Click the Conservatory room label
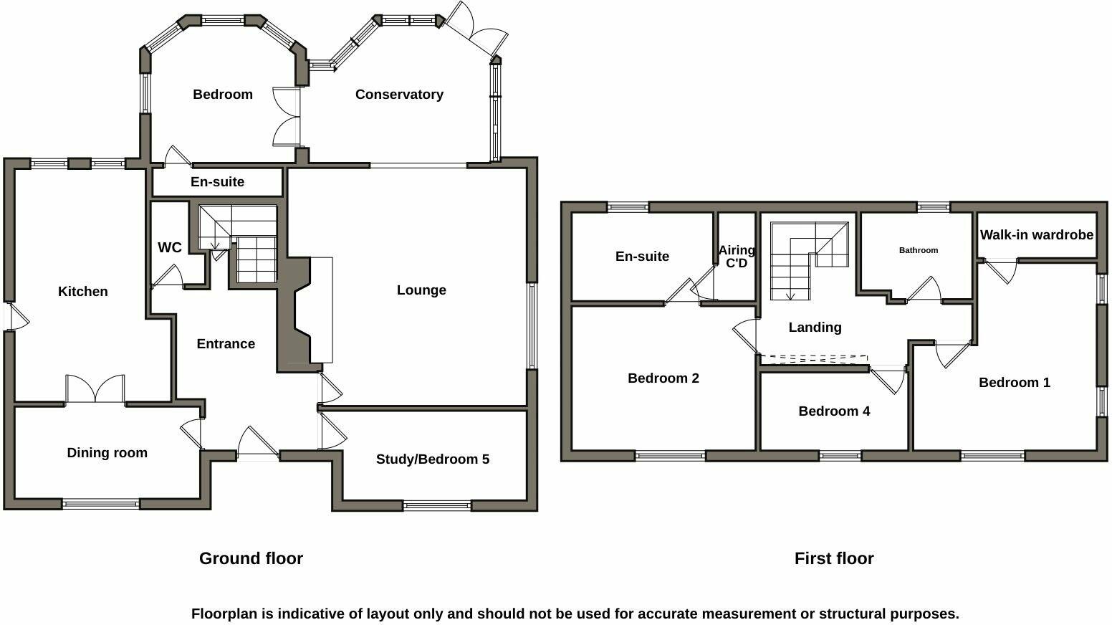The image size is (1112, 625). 399,95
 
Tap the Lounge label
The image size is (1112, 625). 421,290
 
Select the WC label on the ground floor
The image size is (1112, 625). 170,248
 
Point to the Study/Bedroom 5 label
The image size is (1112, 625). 432,459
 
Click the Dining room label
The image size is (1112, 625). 107,453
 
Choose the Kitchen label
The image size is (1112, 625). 83,292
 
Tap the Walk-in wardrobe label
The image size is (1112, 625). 1036,235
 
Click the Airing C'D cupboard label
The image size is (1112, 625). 737,257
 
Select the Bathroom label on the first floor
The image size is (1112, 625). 918,250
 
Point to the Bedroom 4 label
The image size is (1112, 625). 834,411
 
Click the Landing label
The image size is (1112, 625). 815,328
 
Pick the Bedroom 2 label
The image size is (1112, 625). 663,378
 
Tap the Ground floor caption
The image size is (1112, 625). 251,558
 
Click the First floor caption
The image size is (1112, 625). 833,558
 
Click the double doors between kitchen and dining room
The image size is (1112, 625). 95,391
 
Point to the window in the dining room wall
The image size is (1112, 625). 100,505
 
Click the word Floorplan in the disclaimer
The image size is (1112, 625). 231,614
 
